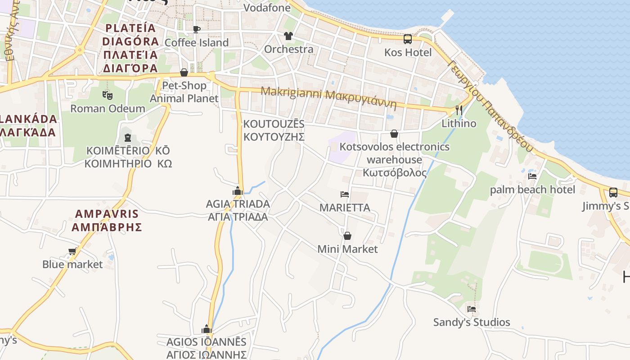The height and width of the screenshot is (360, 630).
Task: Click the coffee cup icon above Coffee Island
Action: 197,30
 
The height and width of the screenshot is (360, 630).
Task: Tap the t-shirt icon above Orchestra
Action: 288,36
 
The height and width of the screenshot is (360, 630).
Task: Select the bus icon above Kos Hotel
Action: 408,39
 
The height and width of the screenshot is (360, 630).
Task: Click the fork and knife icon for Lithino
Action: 459,110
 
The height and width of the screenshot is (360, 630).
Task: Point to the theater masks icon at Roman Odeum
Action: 107,95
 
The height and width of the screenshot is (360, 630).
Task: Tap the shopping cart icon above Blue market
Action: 72,251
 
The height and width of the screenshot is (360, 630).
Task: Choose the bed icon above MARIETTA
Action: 345,194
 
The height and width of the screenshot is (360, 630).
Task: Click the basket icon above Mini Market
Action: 347,236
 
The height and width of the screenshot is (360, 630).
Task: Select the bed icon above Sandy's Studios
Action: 472,309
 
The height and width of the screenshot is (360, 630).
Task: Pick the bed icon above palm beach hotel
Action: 532,176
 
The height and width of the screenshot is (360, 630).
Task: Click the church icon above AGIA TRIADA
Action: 238,191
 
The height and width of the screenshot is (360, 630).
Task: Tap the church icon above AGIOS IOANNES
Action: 207,329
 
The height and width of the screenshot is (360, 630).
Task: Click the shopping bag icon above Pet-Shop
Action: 184,72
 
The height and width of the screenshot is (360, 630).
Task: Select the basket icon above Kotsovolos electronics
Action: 394,134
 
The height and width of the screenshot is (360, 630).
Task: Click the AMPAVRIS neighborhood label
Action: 107,220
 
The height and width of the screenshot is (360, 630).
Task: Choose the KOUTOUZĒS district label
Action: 274,130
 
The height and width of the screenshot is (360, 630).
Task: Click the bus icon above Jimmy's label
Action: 613,193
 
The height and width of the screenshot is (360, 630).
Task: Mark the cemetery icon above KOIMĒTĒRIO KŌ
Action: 127,137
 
